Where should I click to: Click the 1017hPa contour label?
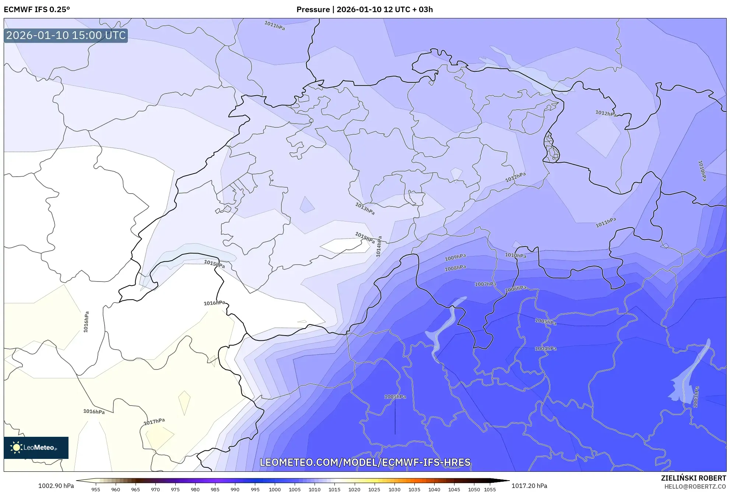(x=154, y=422)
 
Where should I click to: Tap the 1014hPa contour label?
(x=379, y=246)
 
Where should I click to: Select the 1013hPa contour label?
(x=365, y=209)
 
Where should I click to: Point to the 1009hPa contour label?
(x=455, y=257)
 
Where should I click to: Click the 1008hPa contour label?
(x=455, y=268)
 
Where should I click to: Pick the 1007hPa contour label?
(x=485, y=284)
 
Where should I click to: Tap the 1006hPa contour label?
(x=515, y=289)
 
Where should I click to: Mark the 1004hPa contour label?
(x=545, y=348)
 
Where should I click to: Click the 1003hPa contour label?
(x=696, y=397)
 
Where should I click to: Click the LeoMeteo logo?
(x=36, y=447)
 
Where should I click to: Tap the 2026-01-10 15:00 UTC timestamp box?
(x=66, y=35)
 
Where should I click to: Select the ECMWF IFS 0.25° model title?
(x=37, y=10)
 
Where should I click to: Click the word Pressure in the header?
(x=313, y=10)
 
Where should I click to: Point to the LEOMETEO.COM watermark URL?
(x=365, y=462)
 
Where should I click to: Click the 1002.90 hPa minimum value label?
(x=56, y=486)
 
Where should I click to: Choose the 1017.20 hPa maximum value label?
(x=529, y=486)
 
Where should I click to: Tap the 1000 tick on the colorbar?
(x=275, y=489)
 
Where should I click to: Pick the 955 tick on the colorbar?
(x=96, y=489)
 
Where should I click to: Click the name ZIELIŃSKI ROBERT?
(x=693, y=478)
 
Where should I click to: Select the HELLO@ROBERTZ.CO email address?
(x=695, y=486)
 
